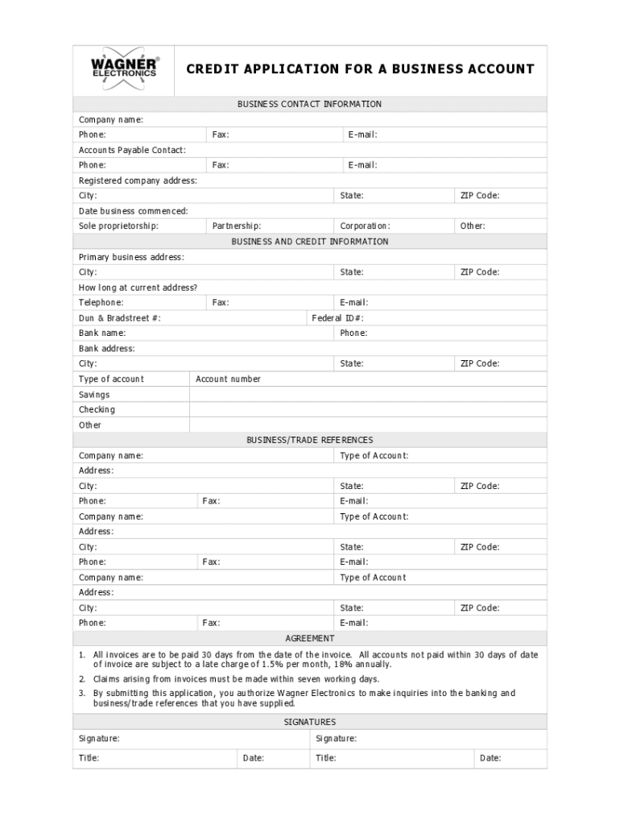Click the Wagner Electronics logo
tap(125, 68)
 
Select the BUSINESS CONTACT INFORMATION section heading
tap(309, 104)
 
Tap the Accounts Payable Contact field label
tap(132, 150)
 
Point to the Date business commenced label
tap(133, 211)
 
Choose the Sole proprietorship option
tap(118, 226)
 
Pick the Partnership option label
tap(236, 226)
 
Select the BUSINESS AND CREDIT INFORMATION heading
tap(309, 242)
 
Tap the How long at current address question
tap(138, 288)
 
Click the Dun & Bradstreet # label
tap(119, 318)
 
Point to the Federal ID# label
tap(337, 318)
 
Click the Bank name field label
tap(102, 333)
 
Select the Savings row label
tap(94, 395)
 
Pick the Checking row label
tap(97, 409)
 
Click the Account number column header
tap(228, 379)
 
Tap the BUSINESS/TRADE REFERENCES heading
tap(309, 440)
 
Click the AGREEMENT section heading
tap(309, 638)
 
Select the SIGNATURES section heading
tap(309, 722)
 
